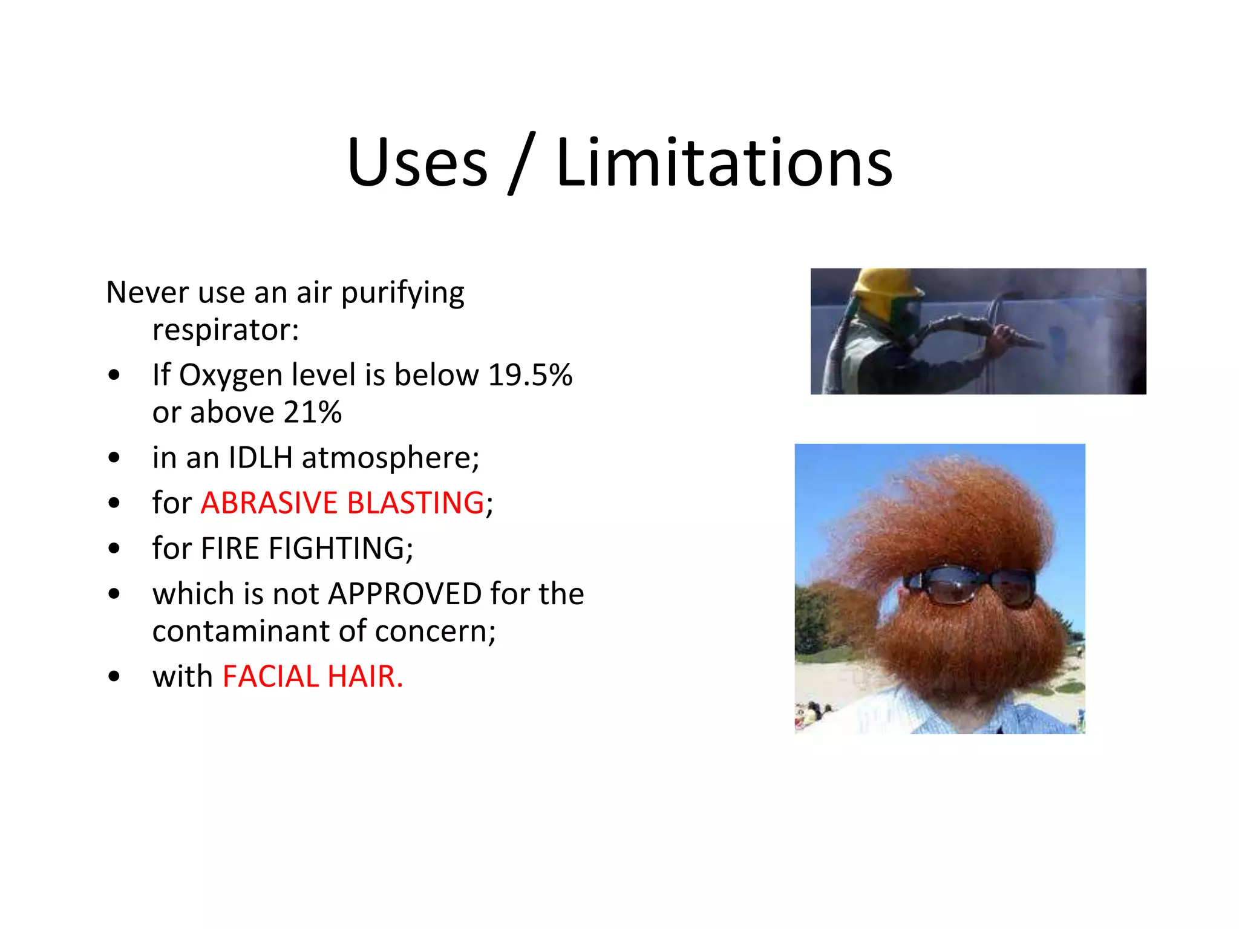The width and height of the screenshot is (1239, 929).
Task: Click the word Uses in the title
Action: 417,162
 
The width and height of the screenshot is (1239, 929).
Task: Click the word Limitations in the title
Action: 724,162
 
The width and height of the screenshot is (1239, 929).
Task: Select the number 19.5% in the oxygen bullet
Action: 530,375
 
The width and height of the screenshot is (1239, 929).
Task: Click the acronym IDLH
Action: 261,457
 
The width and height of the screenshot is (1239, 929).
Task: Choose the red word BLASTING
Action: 416,503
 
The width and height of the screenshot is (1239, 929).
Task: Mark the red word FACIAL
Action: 270,676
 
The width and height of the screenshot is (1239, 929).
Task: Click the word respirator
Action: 225,330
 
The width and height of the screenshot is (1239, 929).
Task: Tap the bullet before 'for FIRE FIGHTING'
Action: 114,549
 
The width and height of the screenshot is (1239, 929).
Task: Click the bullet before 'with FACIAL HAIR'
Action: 114,676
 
